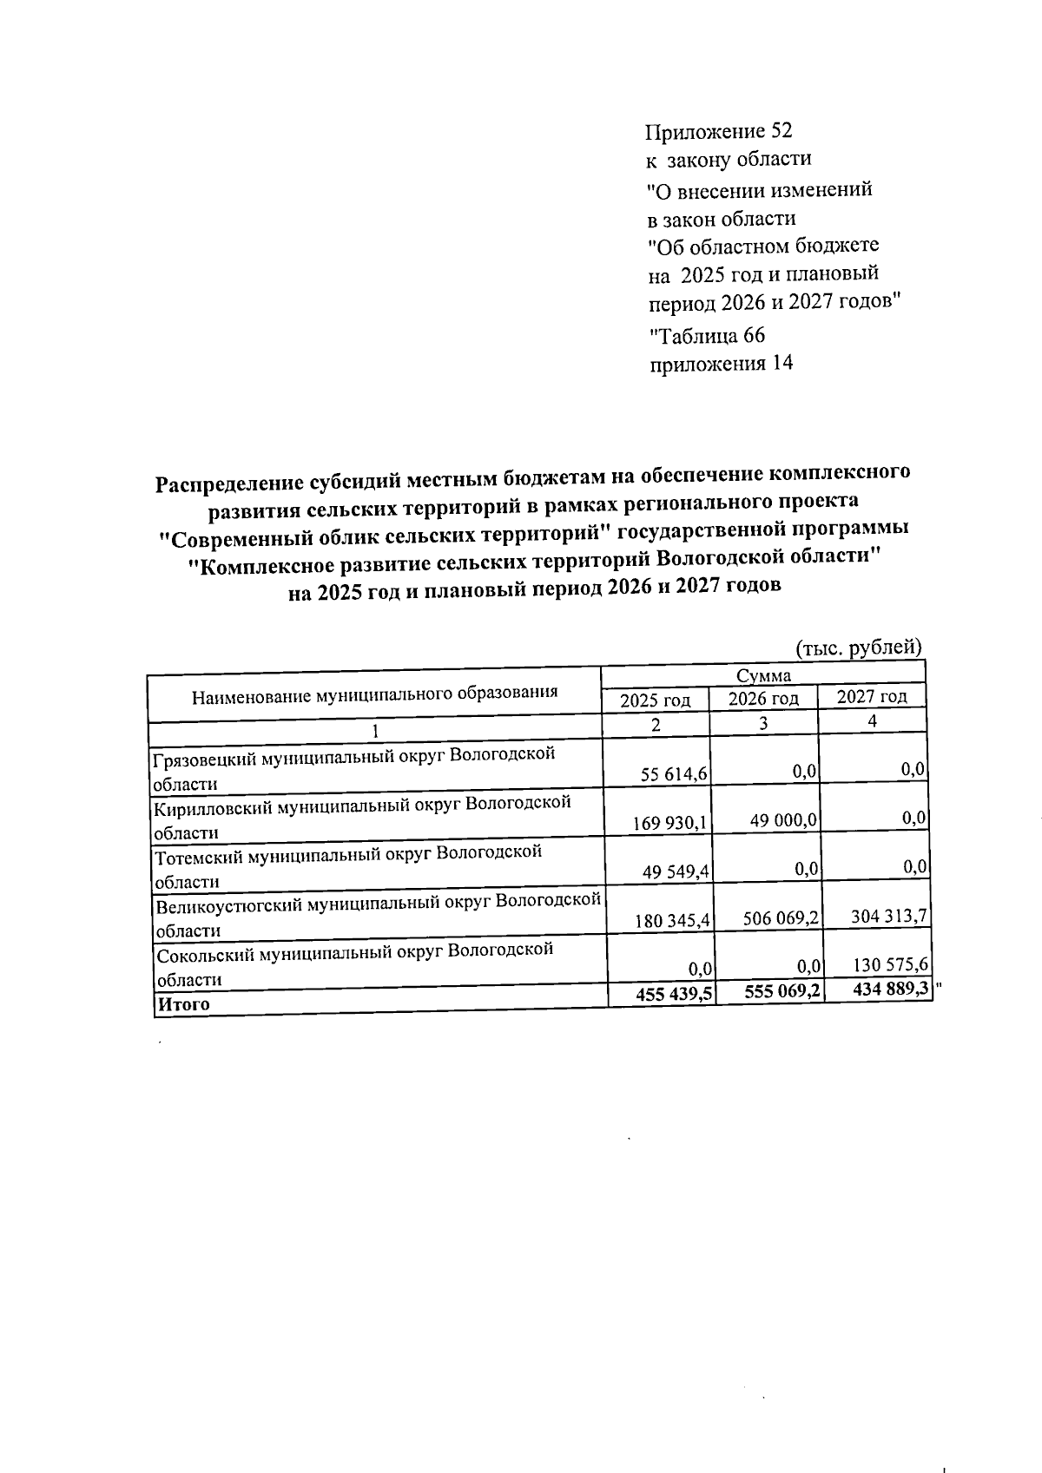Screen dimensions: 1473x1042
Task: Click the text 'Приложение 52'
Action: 718,131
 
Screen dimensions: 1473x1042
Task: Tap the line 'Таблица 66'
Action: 708,335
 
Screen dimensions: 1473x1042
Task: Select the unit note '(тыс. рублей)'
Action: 858,647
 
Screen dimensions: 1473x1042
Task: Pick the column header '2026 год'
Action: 762,698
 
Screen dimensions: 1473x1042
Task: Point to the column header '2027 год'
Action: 871,695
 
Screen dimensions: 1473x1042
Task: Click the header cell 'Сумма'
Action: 762,675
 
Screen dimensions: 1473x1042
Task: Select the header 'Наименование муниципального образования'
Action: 374,694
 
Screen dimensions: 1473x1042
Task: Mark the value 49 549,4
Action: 676,871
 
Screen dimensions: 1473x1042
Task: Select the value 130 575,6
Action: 887,963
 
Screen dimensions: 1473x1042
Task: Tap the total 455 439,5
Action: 675,995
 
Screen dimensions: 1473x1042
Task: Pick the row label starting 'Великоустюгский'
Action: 378,916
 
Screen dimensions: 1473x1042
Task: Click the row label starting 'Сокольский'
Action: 353,963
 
